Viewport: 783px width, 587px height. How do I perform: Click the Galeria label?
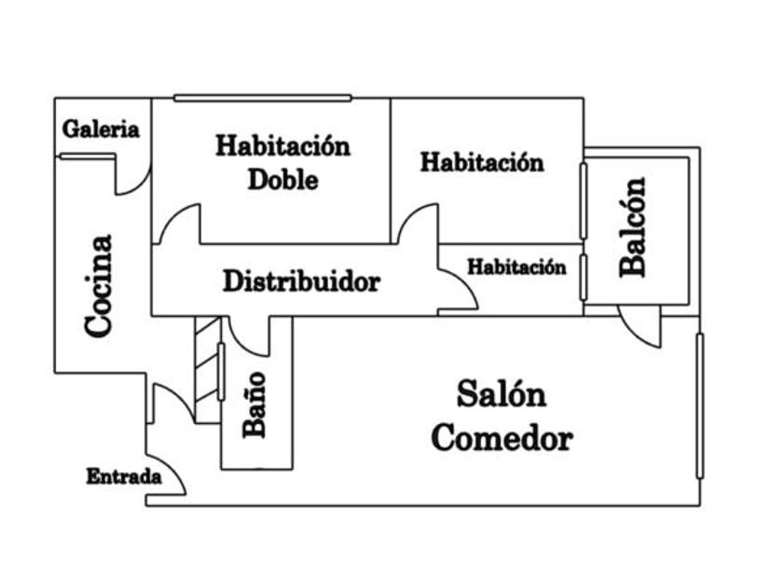101,130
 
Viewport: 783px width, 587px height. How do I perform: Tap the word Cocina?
99,285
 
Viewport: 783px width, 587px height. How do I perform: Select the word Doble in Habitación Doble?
282,179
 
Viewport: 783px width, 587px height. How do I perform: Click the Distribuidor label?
301,281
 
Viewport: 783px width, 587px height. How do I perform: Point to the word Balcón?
634,226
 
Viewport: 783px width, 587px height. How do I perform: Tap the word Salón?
501,394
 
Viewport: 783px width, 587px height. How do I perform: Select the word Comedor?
501,438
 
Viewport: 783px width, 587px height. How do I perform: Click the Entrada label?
124,477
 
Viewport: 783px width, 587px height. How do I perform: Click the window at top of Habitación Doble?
262,98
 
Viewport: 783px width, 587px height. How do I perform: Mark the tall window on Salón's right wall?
699,405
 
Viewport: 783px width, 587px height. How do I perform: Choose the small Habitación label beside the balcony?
516,267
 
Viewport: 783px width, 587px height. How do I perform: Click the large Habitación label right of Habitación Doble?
482,161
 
